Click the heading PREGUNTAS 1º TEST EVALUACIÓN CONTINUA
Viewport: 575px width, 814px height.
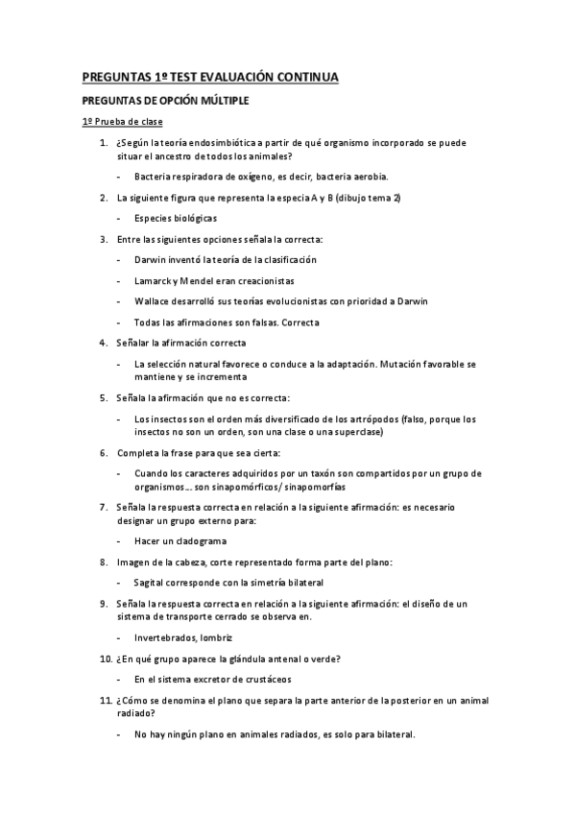pyautogui.click(x=209, y=78)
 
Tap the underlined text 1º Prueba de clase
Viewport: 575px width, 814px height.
pyautogui.click(x=121, y=122)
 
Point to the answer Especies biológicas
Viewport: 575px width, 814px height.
pyautogui.click(x=176, y=218)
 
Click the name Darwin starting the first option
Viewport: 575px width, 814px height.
pyautogui.click(x=149, y=259)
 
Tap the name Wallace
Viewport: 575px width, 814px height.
pyautogui.click(x=153, y=300)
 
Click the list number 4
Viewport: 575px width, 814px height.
pyautogui.click(x=104, y=343)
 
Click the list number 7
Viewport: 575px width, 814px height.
pyautogui.click(x=104, y=506)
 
